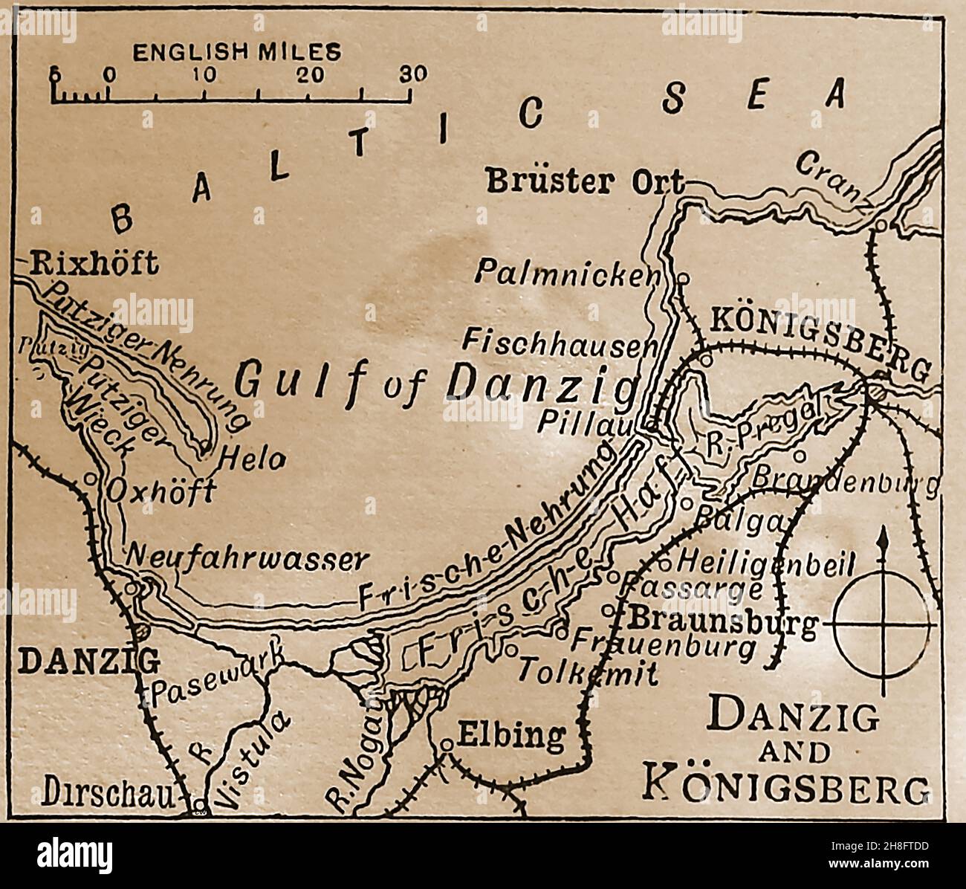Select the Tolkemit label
[587, 673]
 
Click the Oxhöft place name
[161, 492]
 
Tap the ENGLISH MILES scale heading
[237, 52]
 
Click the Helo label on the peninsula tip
[253, 460]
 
